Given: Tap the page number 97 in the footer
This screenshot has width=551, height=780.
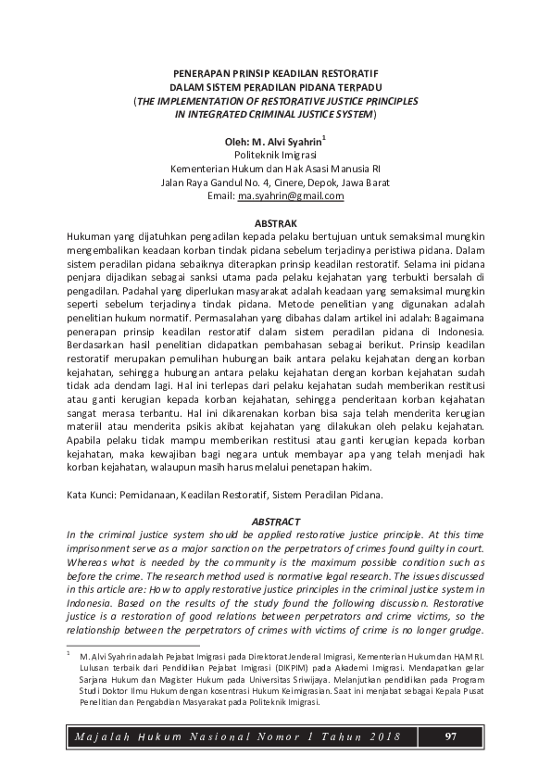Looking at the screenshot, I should pos(451,736).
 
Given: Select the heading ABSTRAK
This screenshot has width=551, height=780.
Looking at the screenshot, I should pos(275,224).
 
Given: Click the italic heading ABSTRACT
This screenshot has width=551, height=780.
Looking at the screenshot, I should pos(275,522).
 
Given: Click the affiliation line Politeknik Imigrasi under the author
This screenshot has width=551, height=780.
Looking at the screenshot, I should pos(275,155).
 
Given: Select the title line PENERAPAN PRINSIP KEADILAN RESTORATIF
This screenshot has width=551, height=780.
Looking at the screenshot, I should pos(275,71).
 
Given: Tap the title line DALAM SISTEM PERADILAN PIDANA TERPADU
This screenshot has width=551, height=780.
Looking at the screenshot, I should pos(275,85).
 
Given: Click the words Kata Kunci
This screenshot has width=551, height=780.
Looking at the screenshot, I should pos(91,496).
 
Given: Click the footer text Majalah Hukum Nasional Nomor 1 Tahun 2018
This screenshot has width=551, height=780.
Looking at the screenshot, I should pos(237,737).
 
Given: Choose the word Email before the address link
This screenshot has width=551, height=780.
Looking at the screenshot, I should pos(220,196).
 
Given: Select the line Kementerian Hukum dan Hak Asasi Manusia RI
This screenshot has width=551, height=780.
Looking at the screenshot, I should pos(275,169).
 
